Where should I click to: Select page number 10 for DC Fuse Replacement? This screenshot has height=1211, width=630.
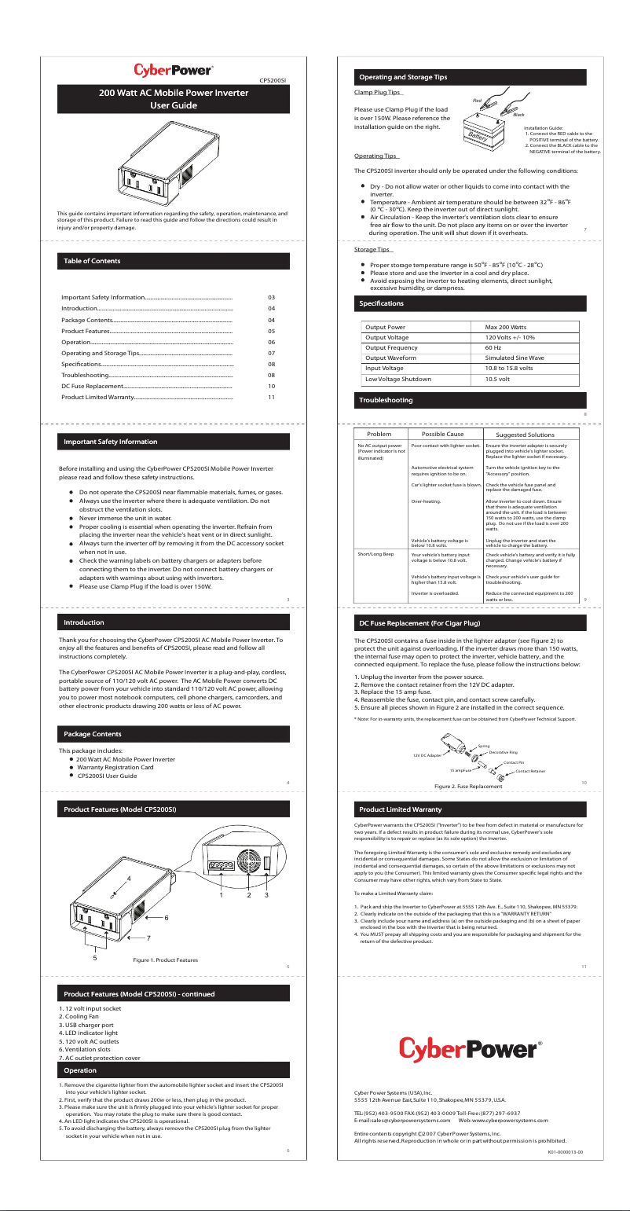coord(271,387)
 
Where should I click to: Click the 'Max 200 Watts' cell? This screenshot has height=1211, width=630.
coord(505,326)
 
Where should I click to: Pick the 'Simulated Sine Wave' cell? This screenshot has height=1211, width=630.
coord(515,358)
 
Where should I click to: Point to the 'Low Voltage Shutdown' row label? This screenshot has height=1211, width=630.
coord(398,379)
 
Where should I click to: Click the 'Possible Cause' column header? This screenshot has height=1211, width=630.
coord(442,435)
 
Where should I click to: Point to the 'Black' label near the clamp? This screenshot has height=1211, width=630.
coord(518,116)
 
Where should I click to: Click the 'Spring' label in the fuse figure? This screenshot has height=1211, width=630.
coord(484,746)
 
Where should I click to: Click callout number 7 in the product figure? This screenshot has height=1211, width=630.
coord(148,938)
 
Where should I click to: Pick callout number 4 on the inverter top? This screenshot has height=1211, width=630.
coord(128,878)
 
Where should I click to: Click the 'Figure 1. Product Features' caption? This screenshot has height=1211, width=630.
coord(165,960)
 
